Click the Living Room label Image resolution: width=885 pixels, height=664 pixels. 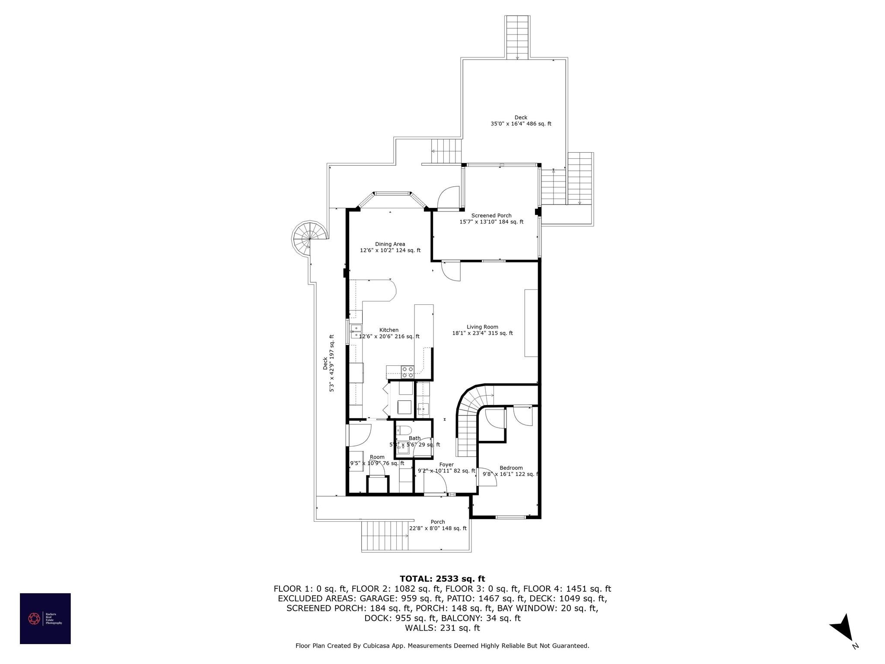[x=482, y=327]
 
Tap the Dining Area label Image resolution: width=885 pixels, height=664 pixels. [x=390, y=244]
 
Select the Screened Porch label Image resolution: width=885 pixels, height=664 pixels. [x=491, y=215]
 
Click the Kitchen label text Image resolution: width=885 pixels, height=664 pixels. [x=389, y=330]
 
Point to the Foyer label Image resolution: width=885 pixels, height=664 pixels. [x=447, y=465]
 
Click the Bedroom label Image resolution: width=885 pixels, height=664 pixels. [x=511, y=468]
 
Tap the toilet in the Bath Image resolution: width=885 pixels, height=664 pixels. [x=404, y=431]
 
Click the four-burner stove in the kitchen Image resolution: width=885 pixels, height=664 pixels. [x=407, y=372]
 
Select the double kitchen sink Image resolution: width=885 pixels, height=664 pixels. [x=356, y=332]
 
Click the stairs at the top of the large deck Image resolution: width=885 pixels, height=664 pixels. [x=517, y=37]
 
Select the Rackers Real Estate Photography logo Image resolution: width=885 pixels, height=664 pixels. [x=45, y=618]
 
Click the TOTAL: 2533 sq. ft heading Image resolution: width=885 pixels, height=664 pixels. [x=442, y=578]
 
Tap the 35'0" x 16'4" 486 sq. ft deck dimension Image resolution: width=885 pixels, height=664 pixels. [x=521, y=124]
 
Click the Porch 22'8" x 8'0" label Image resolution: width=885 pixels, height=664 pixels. [x=438, y=525]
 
